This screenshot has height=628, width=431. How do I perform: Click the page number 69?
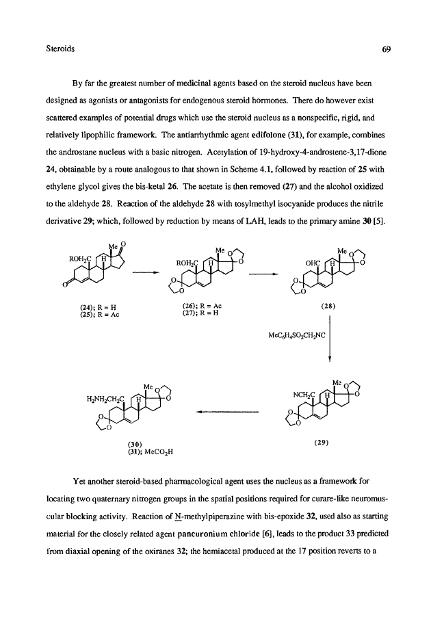(x=386, y=49)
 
